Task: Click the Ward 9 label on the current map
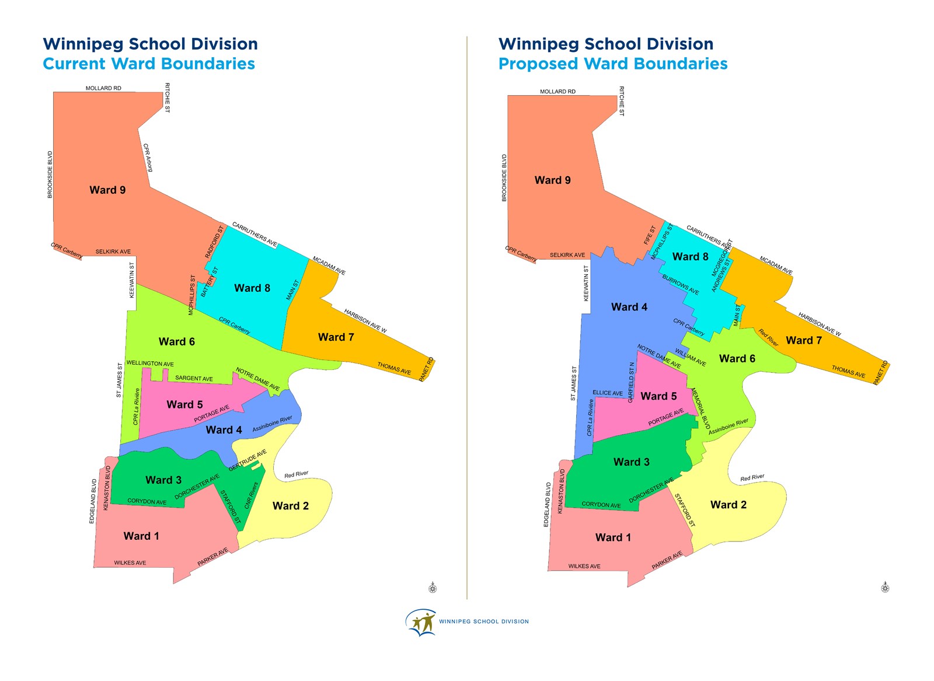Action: [x=107, y=190]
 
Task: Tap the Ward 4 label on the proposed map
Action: [x=629, y=307]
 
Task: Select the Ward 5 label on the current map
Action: [x=184, y=404]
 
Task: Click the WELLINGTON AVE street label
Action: [x=150, y=364]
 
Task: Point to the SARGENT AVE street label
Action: [x=194, y=379]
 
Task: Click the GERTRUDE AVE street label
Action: [x=248, y=460]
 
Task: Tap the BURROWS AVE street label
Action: [x=680, y=284]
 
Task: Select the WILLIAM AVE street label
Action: [x=691, y=357]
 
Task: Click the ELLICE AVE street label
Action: [x=608, y=393]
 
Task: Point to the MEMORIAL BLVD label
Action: [x=700, y=408]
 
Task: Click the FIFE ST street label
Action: [x=650, y=235]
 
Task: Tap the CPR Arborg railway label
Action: [x=148, y=158]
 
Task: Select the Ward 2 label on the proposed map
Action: [x=728, y=505]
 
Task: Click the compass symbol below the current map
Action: [x=433, y=588]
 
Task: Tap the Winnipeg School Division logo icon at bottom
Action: [x=421, y=622]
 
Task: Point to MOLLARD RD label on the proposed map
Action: [x=557, y=92]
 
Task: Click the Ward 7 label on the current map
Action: [x=336, y=337]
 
